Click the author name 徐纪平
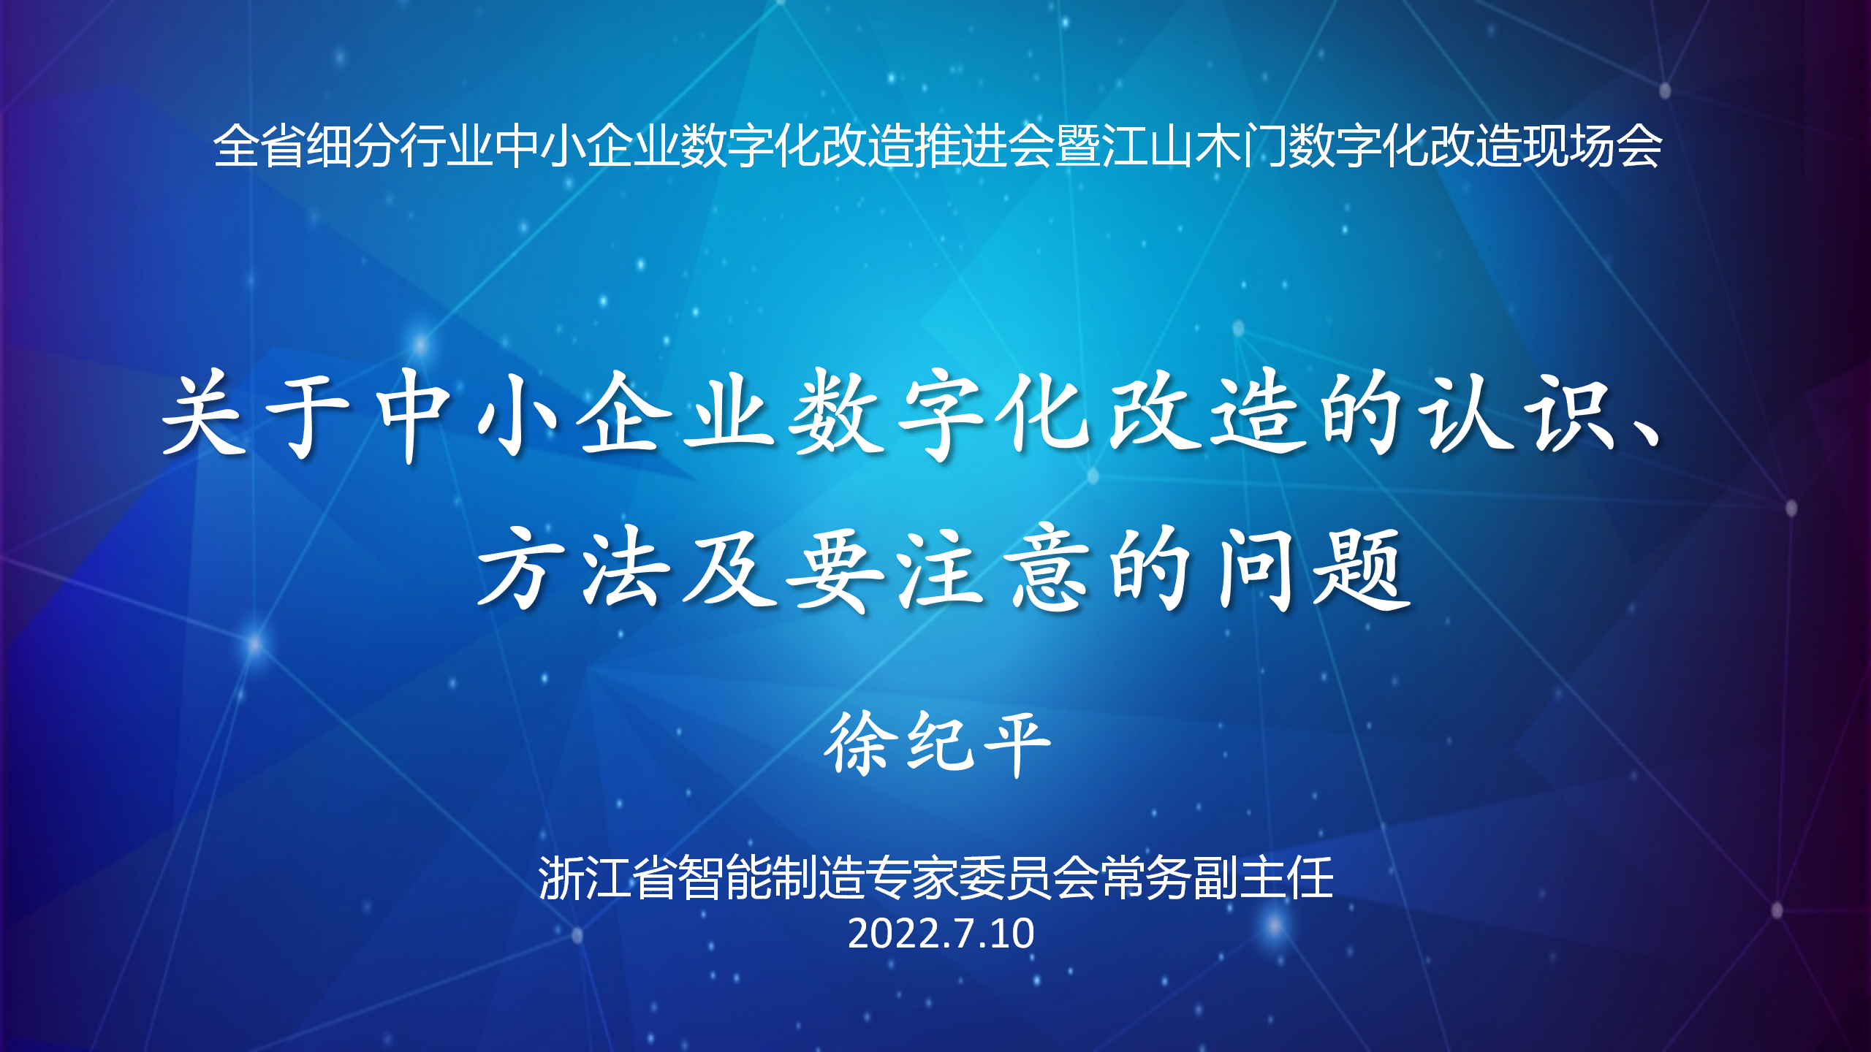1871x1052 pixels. (937, 744)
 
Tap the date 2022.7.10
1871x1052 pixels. (941, 934)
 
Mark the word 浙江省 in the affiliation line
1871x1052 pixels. (608, 877)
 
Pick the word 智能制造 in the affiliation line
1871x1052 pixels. (772, 877)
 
